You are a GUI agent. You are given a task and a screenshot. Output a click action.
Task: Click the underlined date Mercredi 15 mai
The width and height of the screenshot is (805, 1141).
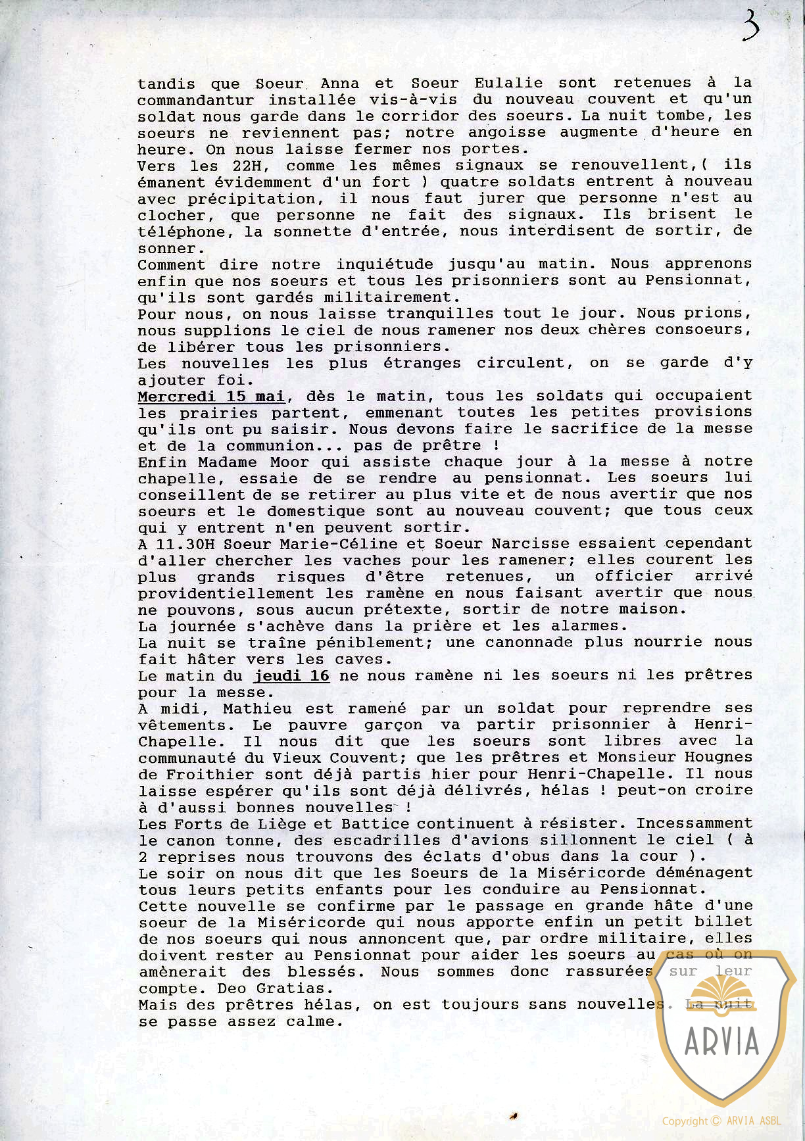211,397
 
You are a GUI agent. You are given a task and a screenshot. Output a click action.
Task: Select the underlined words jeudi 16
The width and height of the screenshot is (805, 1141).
291,676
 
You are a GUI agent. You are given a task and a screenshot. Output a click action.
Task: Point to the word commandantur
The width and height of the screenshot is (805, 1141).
195,101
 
